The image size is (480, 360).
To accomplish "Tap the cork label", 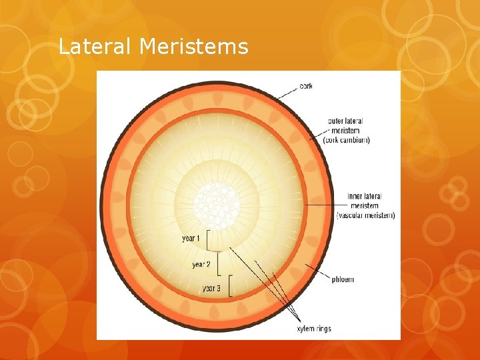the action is pyautogui.click(x=306, y=86).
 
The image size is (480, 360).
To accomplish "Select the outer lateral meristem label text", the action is pyautogui.click(x=345, y=125).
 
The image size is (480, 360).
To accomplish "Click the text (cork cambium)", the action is pyautogui.click(x=346, y=140).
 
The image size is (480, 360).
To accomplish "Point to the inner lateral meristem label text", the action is pyautogui.click(x=365, y=201).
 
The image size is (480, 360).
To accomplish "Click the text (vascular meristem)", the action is pyautogui.click(x=365, y=215).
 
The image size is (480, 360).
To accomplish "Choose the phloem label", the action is pyautogui.click(x=343, y=279).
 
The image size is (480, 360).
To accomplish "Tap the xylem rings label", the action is pyautogui.click(x=313, y=329).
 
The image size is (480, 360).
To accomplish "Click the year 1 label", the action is pyautogui.click(x=191, y=238).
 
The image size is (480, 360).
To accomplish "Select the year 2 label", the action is pyautogui.click(x=201, y=265).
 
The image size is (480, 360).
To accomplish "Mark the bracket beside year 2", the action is pyautogui.click(x=219, y=265).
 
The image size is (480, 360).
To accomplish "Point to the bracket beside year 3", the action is pyautogui.click(x=229, y=285).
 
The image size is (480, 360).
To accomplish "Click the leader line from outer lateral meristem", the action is pyautogui.click(x=315, y=136).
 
